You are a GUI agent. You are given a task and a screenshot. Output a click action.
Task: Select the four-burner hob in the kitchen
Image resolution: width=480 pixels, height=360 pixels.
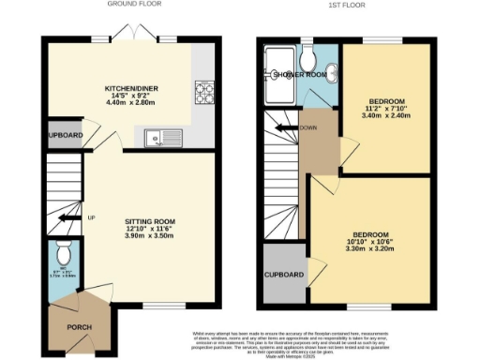tap(203, 93)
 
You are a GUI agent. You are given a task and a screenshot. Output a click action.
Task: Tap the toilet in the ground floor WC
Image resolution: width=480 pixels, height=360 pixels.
tap(61, 253)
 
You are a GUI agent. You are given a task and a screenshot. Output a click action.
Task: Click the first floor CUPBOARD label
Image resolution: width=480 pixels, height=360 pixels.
tap(284, 275)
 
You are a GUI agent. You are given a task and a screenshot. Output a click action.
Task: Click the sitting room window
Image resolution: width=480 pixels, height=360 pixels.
tap(156, 306)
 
